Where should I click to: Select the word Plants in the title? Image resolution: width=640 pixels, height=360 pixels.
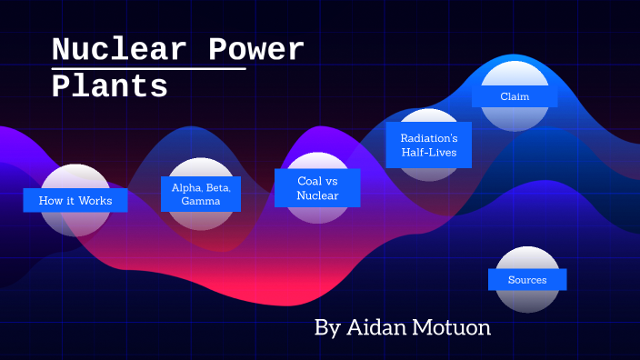pyautogui.click(x=109, y=87)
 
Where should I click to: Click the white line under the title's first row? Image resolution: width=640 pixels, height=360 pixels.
pyautogui.click(x=148, y=68)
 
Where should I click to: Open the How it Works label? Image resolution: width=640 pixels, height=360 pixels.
pyautogui.click(x=75, y=200)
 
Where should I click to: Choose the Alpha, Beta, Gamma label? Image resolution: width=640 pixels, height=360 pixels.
pyautogui.click(x=201, y=194)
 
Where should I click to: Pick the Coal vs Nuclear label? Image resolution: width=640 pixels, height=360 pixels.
pyautogui.click(x=317, y=188)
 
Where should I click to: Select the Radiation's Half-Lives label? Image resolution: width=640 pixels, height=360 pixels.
pyautogui.click(x=429, y=145)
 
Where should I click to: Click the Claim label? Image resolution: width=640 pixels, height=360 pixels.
pyautogui.click(x=515, y=95)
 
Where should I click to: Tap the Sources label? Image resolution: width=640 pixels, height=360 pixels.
pyautogui.click(x=527, y=279)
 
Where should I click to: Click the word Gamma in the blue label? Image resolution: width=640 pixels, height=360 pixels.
pyautogui.click(x=201, y=201)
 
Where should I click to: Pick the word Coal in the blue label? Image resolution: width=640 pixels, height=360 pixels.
pyautogui.click(x=309, y=181)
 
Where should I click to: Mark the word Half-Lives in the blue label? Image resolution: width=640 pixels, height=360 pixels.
pyautogui.click(x=429, y=153)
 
